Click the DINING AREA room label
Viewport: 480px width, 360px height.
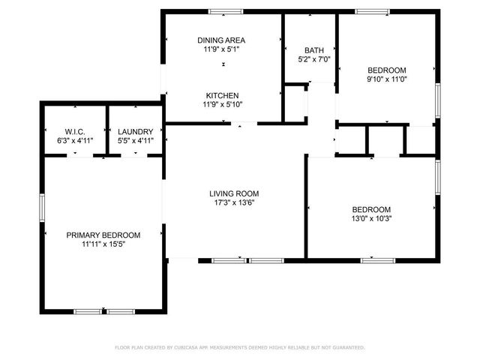click(x=221, y=40)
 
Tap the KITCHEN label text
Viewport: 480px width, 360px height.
click(x=223, y=95)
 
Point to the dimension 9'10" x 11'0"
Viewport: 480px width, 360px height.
click(x=386, y=79)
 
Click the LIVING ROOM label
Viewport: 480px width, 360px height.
click(x=234, y=193)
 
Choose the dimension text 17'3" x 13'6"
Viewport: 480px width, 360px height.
click(x=234, y=202)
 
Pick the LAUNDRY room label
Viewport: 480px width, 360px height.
click(x=136, y=131)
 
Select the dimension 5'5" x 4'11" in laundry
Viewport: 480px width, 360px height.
click(x=136, y=140)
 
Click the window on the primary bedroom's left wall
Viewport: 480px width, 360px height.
click(x=42, y=206)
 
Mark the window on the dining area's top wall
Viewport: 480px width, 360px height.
click(x=225, y=11)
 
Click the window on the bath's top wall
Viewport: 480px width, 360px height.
click(x=310, y=11)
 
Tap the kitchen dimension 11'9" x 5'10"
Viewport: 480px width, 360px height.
click(x=223, y=104)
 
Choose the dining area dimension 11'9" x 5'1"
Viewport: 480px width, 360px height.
click(x=221, y=49)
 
